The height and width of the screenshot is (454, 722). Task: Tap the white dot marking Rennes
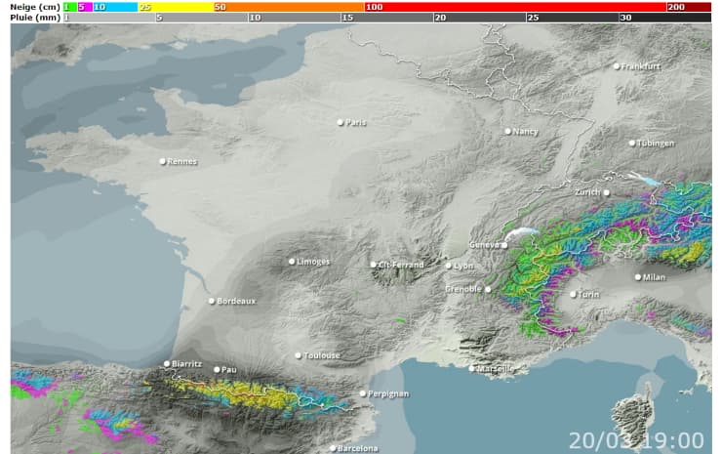pos(163,161)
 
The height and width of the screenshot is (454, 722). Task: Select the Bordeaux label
pos(236,301)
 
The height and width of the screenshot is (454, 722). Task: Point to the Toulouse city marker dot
pos(299,355)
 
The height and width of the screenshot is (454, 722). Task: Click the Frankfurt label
pos(641,66)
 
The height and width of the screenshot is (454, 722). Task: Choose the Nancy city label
pos(525,131)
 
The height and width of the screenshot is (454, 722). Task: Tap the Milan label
pos(653,277)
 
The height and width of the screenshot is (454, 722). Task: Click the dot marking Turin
pos(573,293)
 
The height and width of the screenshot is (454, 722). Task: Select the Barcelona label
pos(357,448)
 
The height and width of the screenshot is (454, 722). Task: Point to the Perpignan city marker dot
pos(363,393)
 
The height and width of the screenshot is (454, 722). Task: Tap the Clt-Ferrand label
pos(401,265)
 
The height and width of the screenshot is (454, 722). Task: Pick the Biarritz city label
pos(185,364)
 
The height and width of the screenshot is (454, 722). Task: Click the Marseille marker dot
pos(472,368)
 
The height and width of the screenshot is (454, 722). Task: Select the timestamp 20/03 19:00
pos(636,440)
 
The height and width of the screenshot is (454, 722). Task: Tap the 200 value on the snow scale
pos(675,7)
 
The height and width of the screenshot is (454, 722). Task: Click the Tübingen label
pos(656,143)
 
